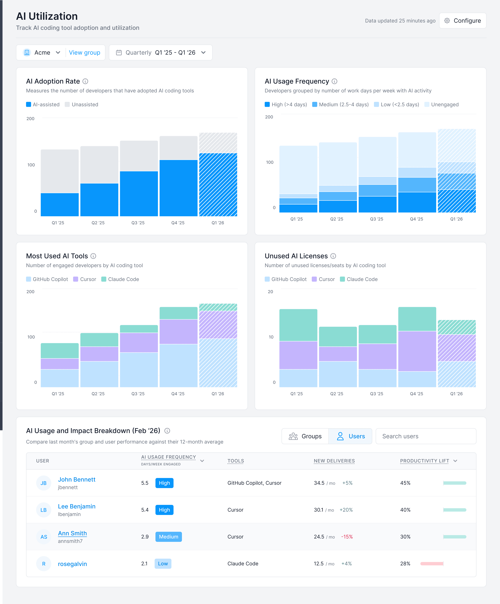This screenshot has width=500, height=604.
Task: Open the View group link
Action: (x=85, y=53)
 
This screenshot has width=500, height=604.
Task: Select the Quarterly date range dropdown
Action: (x=161, y=53)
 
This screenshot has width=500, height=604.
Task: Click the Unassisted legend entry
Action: (x=82, y=104)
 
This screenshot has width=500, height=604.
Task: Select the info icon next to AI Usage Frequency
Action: (x=334, y=81)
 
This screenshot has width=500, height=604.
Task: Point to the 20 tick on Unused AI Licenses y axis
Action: (x=270, y=292)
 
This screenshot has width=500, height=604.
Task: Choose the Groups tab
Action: (x=305, y=436)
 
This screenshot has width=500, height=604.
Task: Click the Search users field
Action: (x=426, y=436)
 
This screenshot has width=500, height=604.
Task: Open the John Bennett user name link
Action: (x=76, y=479)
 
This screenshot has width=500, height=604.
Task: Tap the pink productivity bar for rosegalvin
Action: (x=432, y=563)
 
